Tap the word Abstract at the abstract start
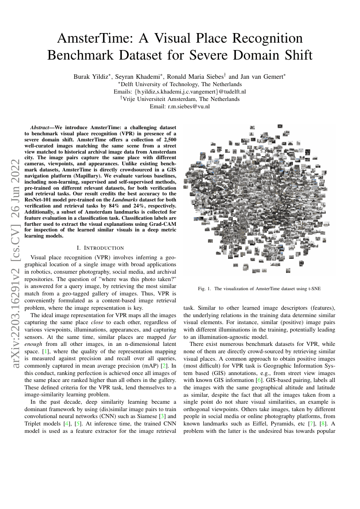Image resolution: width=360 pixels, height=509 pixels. click(x=44, y=127)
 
